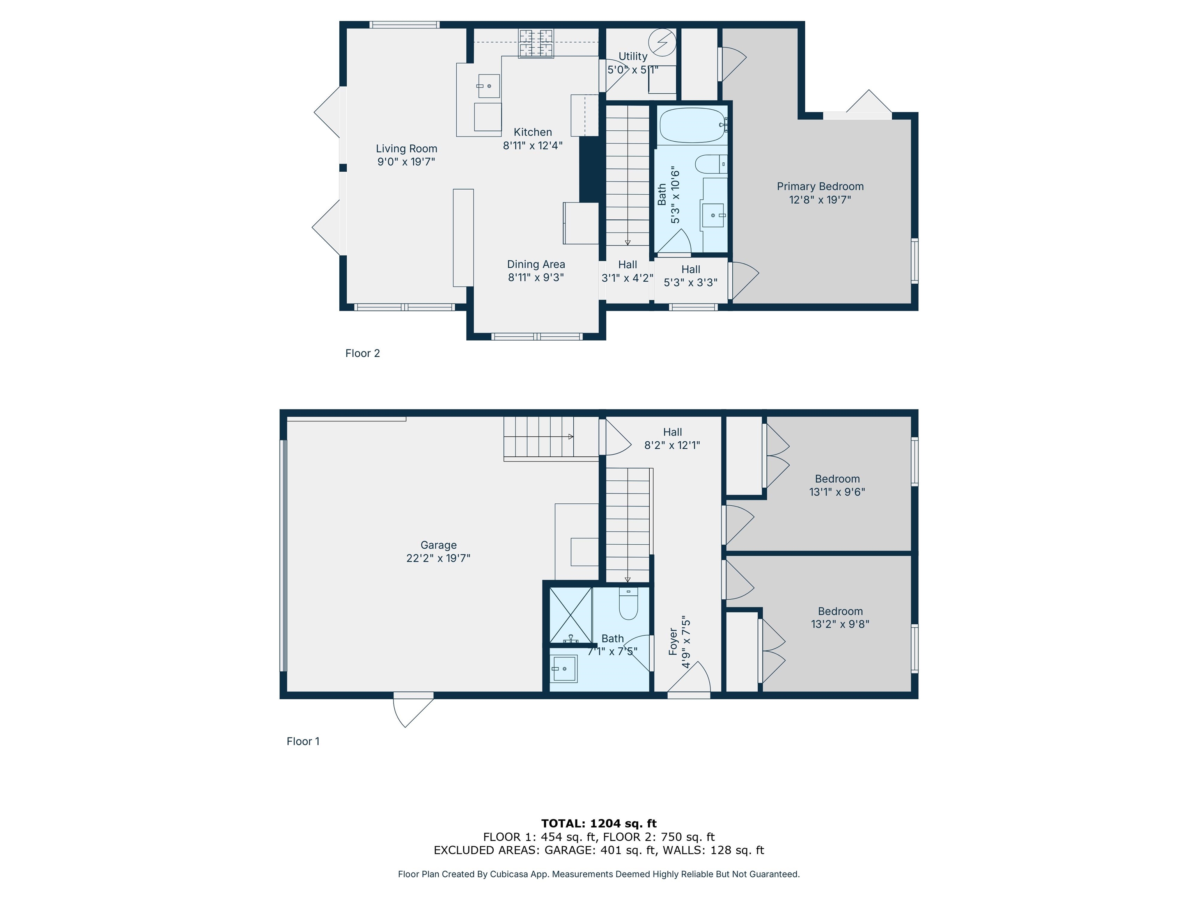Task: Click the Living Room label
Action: [x=406, y=149]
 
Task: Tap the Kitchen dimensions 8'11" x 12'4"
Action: [x=533, y=145]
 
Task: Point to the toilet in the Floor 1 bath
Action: [x=628, y=604]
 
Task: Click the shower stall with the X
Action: [x=571, y=616]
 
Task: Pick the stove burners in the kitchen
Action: [x=536, y=43]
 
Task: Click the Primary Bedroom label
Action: [x=820, y=187]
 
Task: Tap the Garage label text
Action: [x=439, y=545]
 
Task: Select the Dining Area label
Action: [x=536, y=265]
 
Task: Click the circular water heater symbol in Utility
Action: [x=662, y=42]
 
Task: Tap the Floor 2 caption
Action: [x=362, y=353]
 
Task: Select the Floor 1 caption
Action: [x=303, y=741]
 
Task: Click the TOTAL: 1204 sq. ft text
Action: [x=599, y=824]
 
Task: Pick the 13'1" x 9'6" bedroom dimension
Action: [x=837, y=492]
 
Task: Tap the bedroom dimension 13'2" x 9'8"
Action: [x=840, y=624]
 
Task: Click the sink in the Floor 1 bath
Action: [x=564, y=669]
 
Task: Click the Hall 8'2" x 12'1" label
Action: [x=672, y=439]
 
